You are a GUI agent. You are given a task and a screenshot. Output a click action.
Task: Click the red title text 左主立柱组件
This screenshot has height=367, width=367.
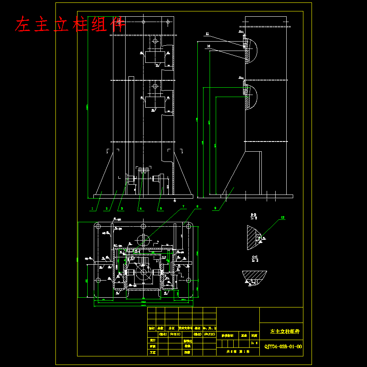69,25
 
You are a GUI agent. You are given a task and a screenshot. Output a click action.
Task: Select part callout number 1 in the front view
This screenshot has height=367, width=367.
93,208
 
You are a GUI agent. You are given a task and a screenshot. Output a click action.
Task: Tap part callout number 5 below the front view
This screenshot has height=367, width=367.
160,208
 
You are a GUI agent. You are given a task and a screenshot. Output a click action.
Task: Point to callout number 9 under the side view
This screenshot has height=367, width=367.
215,208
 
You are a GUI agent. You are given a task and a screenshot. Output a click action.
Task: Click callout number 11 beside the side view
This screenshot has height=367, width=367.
207,34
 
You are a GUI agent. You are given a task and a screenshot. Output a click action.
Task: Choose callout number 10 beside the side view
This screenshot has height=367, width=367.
208,46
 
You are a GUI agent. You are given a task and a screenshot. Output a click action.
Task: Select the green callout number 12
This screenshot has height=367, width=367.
282,218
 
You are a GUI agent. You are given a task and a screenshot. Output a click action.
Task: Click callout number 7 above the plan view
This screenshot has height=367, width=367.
183,207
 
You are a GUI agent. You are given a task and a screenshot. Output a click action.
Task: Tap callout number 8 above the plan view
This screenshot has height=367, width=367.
197,207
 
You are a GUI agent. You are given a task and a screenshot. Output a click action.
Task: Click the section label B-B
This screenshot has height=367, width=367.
253,214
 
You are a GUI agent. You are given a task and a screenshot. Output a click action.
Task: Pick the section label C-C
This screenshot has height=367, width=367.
255,256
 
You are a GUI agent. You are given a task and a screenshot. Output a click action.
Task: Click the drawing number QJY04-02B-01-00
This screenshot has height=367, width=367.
283,347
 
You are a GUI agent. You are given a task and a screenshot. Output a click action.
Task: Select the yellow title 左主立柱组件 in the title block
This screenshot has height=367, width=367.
285,332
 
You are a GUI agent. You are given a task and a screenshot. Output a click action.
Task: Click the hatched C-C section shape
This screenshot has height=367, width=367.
254,276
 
